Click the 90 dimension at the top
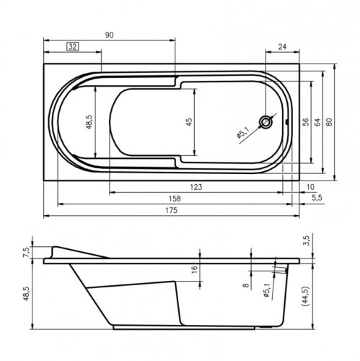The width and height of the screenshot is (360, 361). click(109, 33)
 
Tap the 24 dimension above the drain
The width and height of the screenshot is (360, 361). click(283, 47)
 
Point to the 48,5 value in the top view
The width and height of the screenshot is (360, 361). click(89, 121)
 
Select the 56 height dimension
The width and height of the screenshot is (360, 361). click(306, 121)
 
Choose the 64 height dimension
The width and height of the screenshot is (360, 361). click(317, 121)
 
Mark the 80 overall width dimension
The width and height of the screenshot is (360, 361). click(329, 121)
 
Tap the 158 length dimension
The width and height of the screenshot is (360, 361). click(174, 199)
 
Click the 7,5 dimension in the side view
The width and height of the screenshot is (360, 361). click(27, 252)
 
